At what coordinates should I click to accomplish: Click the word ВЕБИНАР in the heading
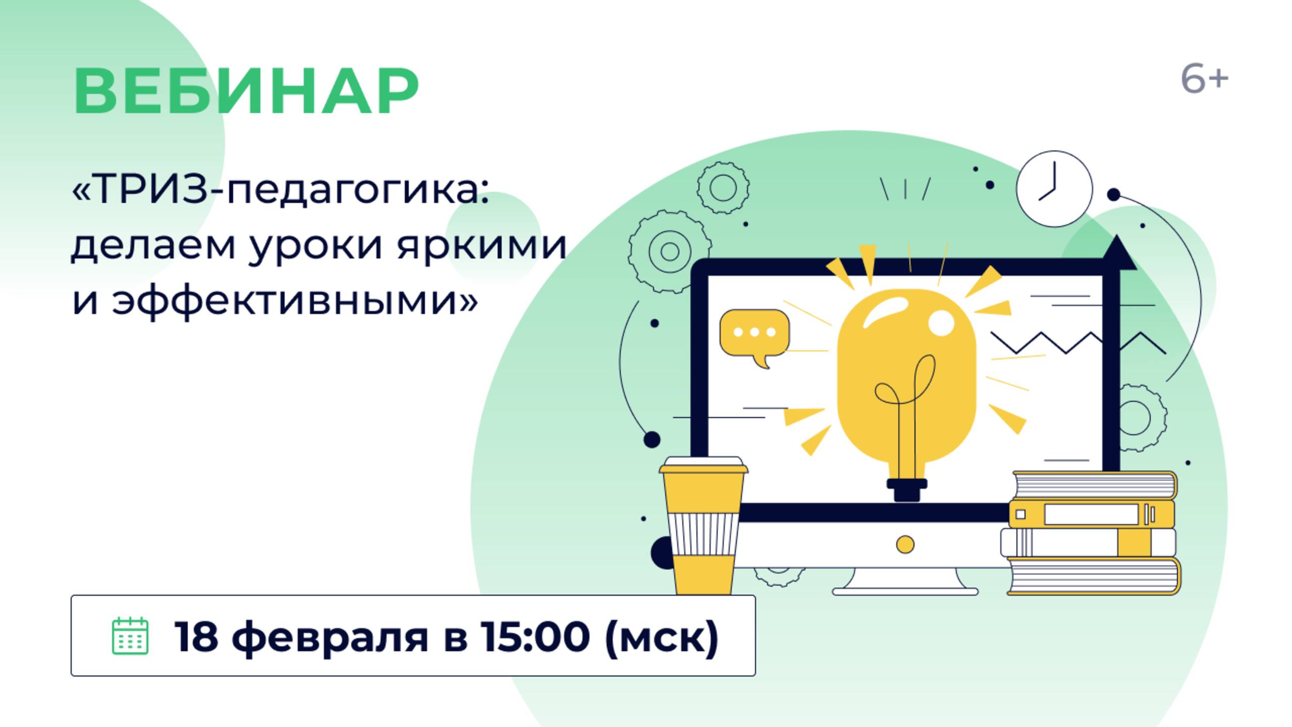point(246,91)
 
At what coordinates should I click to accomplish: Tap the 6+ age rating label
point(1204,80)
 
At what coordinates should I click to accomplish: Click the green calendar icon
point(130,636)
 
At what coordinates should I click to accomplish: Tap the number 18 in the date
point(196,636)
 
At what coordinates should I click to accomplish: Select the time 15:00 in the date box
point(534,636)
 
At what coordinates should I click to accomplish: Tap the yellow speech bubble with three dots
point(755,333)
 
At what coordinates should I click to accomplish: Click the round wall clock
point(1054,189)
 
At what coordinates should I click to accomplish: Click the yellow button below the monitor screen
point(905,544)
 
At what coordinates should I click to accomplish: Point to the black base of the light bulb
point(907,490)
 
